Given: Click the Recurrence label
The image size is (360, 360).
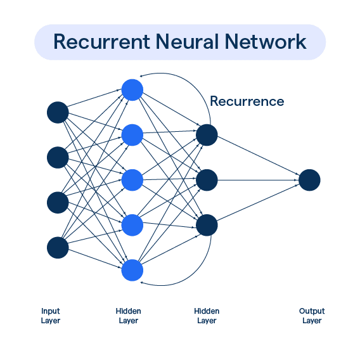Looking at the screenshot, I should click(247, 101).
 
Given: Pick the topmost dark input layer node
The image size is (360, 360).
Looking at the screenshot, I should click(58, 112).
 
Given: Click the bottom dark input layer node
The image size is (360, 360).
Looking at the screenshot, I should click(58, 248).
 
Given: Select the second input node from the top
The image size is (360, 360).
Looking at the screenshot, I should click(58, 157).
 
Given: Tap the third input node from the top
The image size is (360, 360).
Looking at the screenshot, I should click(58, 203).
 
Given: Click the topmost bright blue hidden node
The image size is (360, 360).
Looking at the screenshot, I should click(132, 89).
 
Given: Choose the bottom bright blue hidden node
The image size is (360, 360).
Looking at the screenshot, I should click(132, 271).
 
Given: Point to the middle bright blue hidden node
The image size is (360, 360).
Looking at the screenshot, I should click(132, 180).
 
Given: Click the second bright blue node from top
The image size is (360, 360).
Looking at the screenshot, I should click(132, 134).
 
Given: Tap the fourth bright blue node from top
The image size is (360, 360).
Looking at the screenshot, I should click(132, 225).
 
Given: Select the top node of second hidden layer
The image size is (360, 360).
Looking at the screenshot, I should click(207, 134).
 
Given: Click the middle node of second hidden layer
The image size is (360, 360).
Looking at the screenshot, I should click(207, 180).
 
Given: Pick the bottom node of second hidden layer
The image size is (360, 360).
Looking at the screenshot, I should click(207, 225).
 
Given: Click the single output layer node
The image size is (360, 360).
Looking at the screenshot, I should click(309, 180).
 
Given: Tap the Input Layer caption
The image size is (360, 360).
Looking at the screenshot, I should click(51, 316).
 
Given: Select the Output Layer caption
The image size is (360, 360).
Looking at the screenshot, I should click(312, 316).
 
